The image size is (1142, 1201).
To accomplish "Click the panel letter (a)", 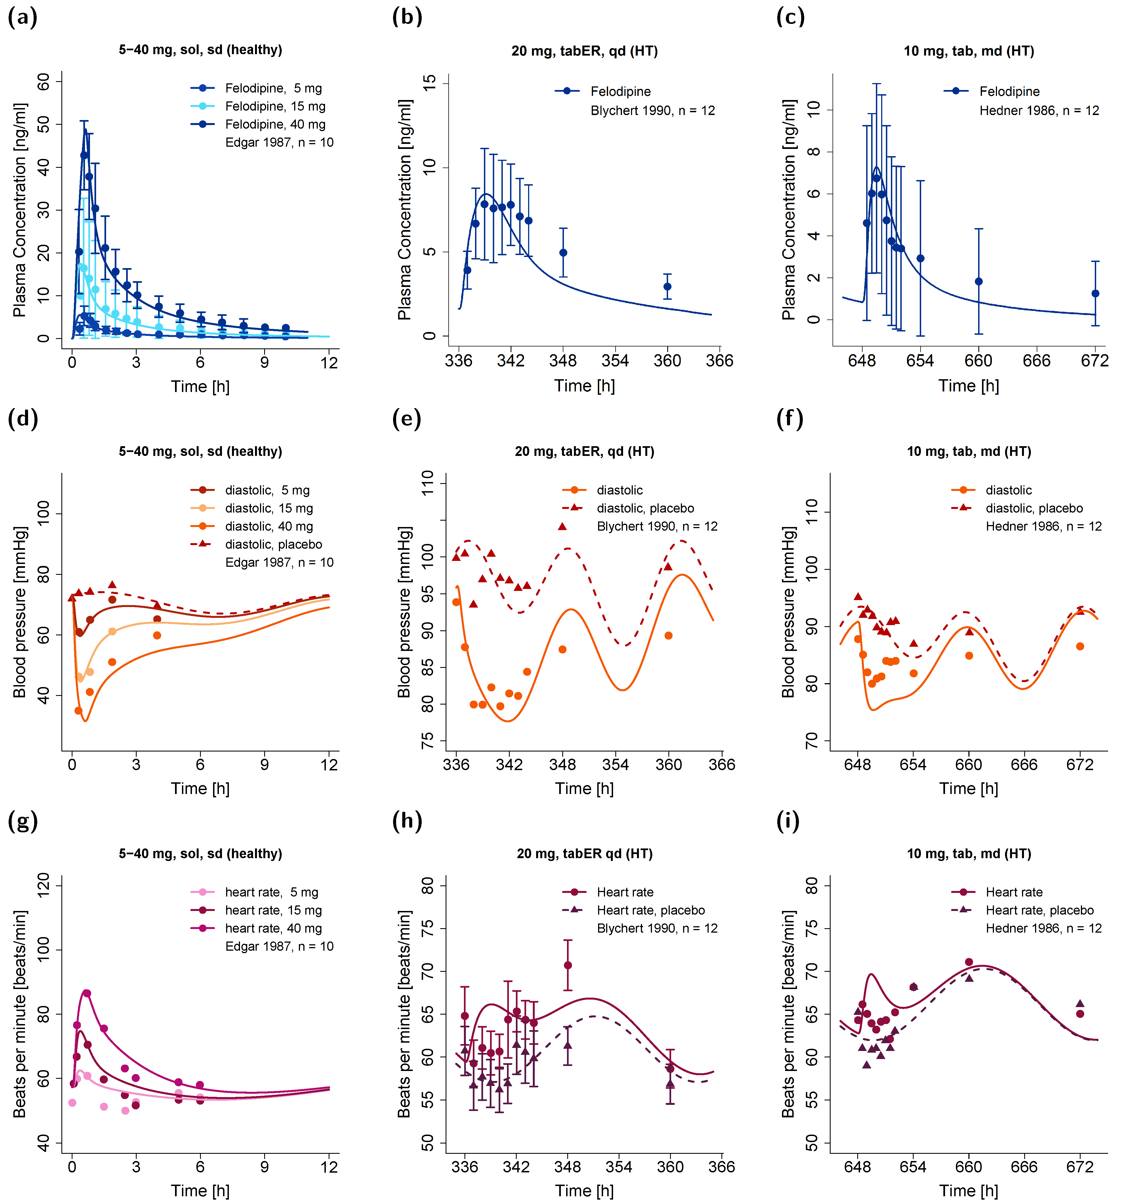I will tap(23, 17).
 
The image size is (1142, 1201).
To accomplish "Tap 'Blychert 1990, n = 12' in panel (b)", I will tap(653, 111).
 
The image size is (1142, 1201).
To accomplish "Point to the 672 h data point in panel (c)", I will tap(1095, 293).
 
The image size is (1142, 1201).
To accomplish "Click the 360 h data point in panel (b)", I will tap(667, 287).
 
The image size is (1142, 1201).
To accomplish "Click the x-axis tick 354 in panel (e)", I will tap(615, 765).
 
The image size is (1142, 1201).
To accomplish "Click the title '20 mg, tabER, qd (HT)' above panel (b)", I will tap(584, 51).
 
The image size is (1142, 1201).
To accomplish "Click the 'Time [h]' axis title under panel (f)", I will tap(968, 789).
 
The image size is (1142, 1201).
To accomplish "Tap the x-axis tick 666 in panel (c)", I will tap(1037, 361).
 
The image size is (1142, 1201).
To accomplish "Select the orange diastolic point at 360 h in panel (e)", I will tap(668, 635).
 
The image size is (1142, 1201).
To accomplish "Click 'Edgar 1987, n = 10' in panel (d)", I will tap(279, 563).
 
